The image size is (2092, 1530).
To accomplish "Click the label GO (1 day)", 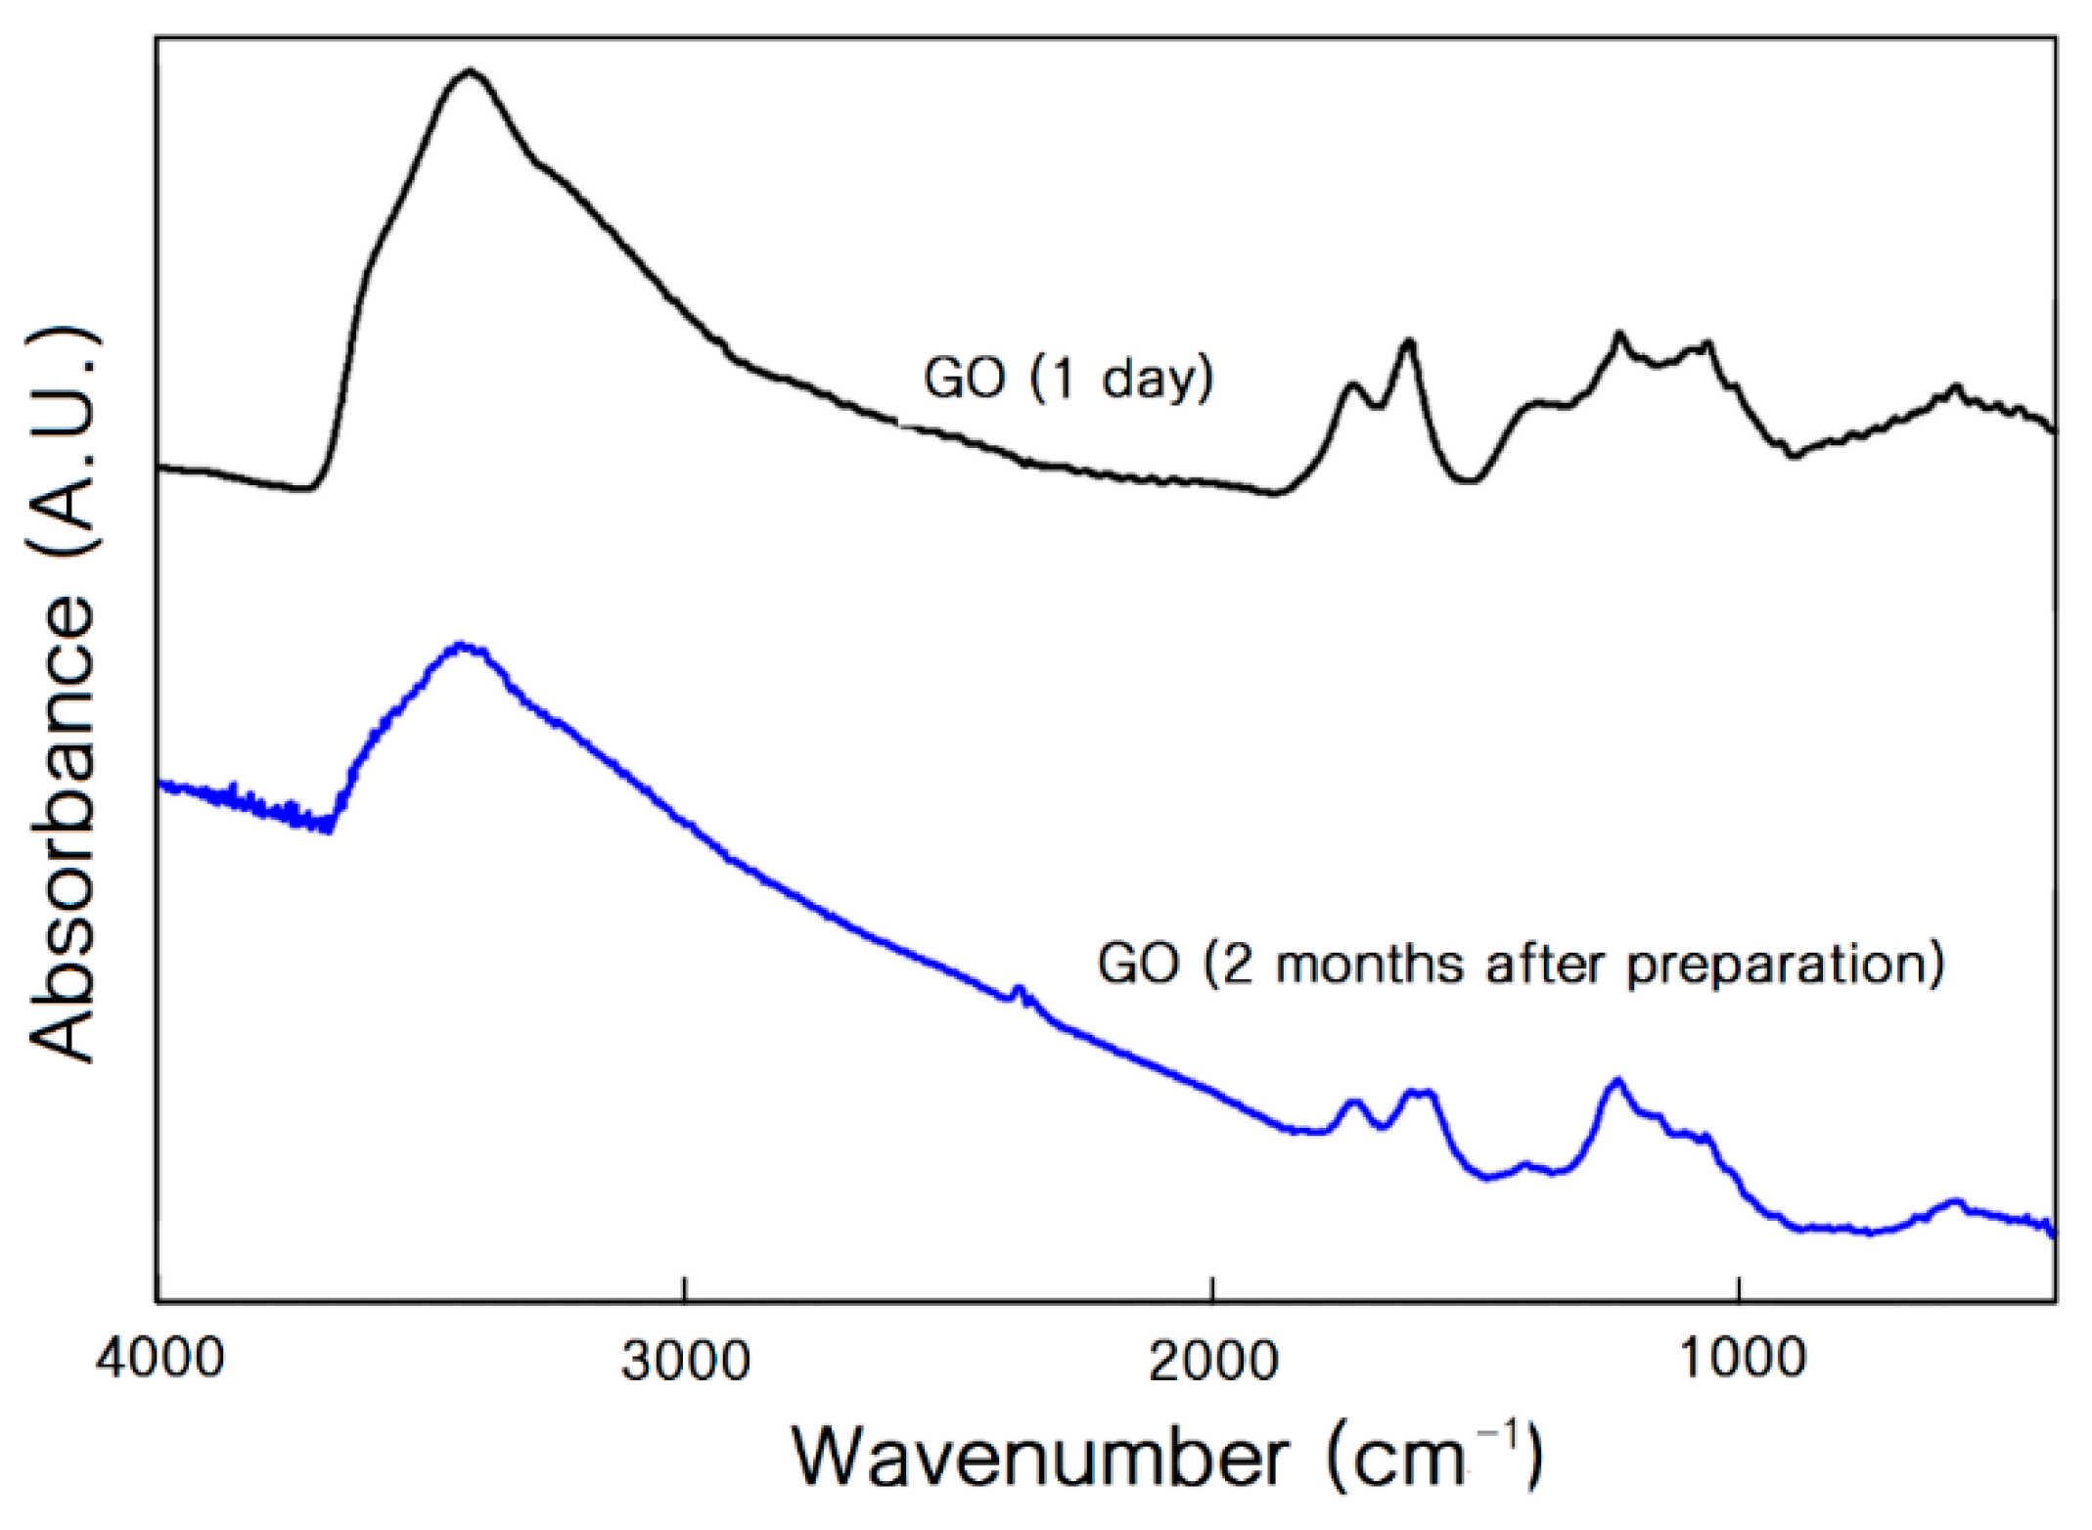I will pos(1068,378).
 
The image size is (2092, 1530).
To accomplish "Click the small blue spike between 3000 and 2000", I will pos(1019,989).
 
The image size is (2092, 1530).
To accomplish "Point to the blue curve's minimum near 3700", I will pos(329,831).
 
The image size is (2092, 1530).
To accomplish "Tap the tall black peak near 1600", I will pos(1408,341).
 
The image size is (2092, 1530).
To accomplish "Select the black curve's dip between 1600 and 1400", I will pos(1467,480).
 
